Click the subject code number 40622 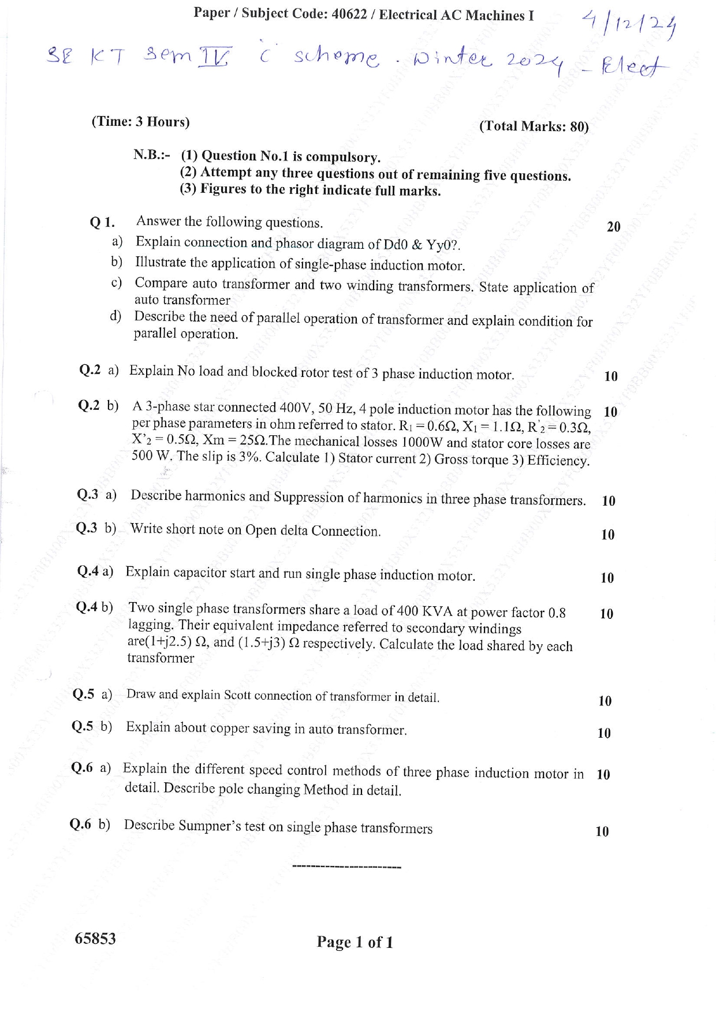(x=349, y=14)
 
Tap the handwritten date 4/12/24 (x=630, y=26)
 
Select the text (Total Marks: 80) (x=534, y=126)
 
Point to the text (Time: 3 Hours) (x=140, y=122)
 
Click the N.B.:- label (x=151, y=155)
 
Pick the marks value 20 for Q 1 (x=613, y=227)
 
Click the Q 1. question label (x=102, y=222)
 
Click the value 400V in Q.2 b (x=294, y=408)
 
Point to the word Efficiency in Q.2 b (x=558, y=461)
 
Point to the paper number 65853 (x=95, y=939)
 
